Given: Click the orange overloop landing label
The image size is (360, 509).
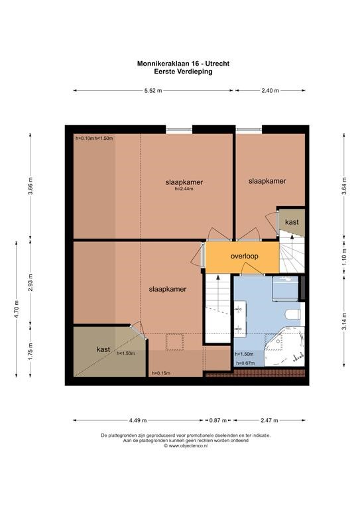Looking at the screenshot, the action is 245,256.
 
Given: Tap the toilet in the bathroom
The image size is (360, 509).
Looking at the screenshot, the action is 293,315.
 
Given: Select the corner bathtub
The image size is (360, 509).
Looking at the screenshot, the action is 285,347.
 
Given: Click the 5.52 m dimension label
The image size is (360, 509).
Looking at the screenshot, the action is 153,91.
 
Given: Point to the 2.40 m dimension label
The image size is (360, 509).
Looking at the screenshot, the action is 270,91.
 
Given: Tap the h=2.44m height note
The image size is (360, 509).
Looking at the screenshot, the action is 184,189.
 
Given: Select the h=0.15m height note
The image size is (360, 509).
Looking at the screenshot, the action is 161,373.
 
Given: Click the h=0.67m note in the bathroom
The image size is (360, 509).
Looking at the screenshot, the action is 245,363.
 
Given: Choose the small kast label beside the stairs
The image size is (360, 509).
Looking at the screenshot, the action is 292,222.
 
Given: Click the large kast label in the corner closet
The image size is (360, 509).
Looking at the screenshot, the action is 103,349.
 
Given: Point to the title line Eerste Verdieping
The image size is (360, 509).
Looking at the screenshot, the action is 184,72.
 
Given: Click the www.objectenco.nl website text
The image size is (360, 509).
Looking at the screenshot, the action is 186,446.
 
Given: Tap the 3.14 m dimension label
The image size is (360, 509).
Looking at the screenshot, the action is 344,321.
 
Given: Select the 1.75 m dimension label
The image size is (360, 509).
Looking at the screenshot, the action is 30,351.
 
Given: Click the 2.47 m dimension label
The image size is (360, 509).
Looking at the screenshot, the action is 269,420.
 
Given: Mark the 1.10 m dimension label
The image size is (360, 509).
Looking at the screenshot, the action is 344,257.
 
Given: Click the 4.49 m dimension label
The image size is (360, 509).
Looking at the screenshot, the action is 138,420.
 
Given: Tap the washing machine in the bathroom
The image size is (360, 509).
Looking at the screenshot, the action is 285,288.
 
